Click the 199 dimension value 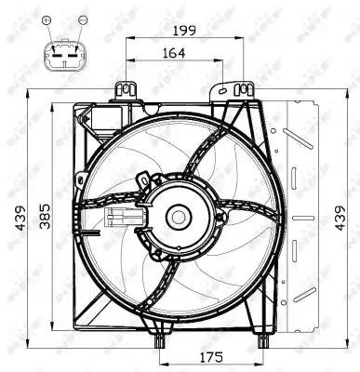184,31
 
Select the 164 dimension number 174,53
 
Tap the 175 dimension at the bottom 211,357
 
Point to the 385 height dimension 46,216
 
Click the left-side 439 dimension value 20,218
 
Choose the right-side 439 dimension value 340,218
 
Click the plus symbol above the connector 47,20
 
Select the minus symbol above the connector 83,20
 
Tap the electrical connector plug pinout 65,55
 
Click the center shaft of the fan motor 178,217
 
